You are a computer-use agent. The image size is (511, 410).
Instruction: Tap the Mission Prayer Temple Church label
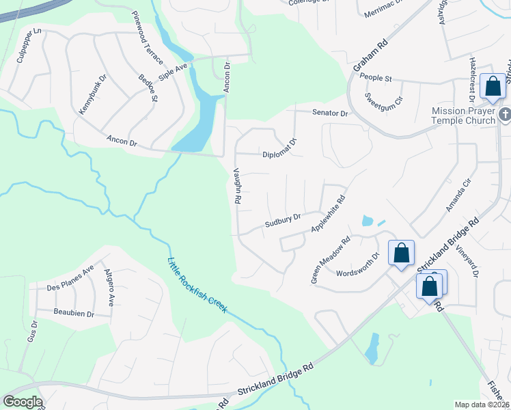(463, 116)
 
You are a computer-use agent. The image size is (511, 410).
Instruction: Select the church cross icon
(505, 115)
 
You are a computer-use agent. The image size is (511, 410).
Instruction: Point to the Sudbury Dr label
(283, 221)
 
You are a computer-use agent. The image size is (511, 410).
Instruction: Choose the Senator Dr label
(331, 113)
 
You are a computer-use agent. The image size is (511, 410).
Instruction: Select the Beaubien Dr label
(74, 312)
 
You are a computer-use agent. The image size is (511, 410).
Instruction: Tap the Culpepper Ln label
(27, 46)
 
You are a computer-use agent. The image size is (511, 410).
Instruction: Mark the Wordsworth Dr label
(357, 266)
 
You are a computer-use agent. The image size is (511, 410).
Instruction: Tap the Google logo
(23, 402)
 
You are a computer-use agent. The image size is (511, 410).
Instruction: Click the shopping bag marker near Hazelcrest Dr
(493, 86)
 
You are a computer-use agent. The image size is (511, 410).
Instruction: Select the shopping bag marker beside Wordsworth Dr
(402, 253)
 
